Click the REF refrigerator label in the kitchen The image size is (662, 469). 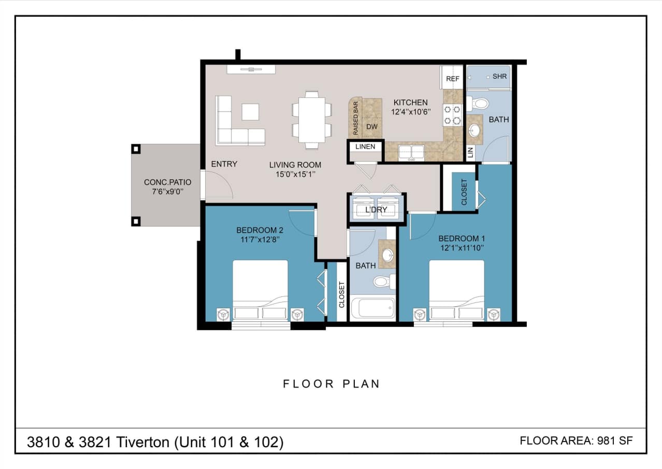pos(453,79)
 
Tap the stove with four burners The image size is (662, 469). pos(452,115)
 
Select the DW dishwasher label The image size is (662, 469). pos(371,127)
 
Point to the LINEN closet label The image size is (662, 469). pos(365,147)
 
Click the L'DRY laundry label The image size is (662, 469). pos(376,210)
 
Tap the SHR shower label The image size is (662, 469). pos(499,77)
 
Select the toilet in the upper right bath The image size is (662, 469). pos(479,103)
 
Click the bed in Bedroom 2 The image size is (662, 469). pos(260,290)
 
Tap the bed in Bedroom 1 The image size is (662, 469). pos(456,290)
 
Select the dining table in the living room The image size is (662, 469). pos(312,120)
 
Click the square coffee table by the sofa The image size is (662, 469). pos(250,112)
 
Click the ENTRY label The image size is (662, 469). pos(224,164)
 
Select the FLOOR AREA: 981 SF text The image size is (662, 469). pos(576,441)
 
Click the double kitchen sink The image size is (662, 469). pos(411,152)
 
